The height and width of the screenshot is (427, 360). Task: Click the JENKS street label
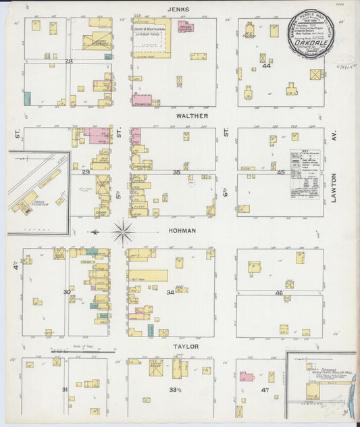click(x=180, y=9)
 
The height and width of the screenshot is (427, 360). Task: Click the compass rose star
click(x=123, y=232)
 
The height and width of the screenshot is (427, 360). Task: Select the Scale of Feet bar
click(x=82, y=351)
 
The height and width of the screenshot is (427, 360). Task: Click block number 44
click(x=267, y=66)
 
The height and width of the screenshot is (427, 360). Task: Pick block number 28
click(x=68, y=61)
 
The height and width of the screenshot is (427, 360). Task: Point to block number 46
click(x=279, y=293)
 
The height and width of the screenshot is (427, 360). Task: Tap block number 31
click(x=65, y=390)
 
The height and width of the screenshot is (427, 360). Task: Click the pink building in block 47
click(x=247, y=377)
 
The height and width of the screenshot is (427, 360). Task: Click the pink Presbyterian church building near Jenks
click(x=184, y=27)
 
